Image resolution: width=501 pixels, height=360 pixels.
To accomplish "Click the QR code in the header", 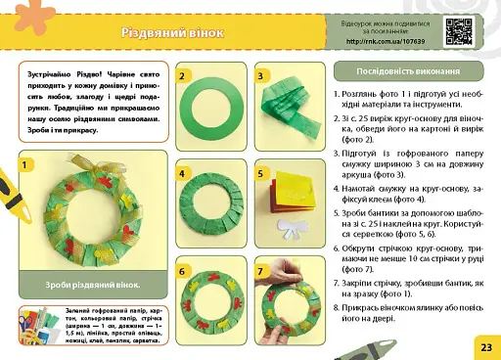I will (x=459, y=32).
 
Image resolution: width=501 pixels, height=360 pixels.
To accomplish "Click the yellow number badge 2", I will (x=183, y=75).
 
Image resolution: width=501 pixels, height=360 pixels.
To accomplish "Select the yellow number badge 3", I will (x=260, y=75).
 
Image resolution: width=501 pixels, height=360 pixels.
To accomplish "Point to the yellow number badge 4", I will (x=183, y=174).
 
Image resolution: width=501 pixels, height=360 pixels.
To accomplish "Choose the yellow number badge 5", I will (x=260, y=174).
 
